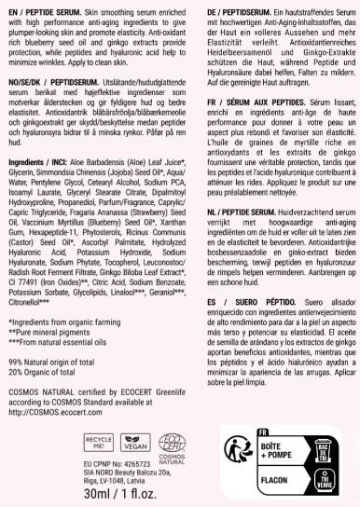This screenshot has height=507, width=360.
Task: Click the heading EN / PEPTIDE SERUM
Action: [42, 8]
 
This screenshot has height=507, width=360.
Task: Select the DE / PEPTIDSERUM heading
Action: [225, 8]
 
